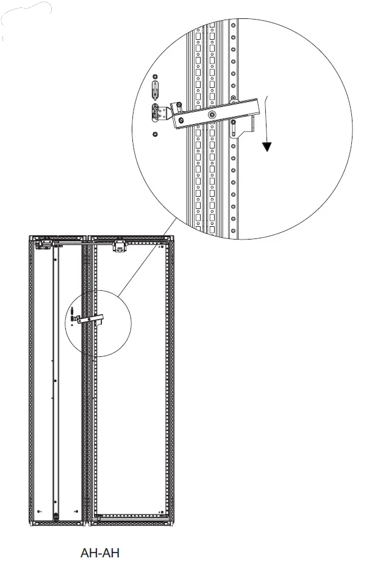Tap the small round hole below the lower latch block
(155, 134)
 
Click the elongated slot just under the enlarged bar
(232, 128)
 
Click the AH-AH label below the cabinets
(100, 552)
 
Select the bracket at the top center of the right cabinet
(119, 246)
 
